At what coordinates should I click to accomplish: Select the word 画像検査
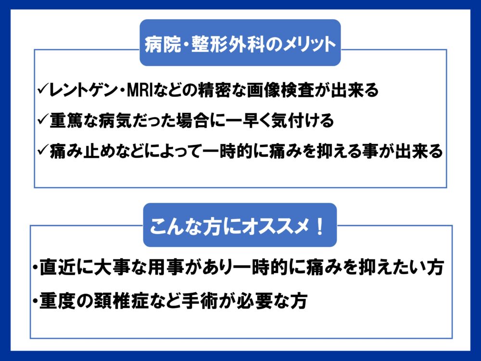[x=280, y=90]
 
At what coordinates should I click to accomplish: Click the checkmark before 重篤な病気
[x=42, y=119]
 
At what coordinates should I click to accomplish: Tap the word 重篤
[x=65, y=120]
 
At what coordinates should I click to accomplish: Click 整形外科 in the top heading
[x=228, y=44]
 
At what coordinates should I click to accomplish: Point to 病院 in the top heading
[x=163, y=44]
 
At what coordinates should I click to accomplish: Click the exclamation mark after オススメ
[x=320, y=227]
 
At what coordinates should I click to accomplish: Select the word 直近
[x=57, y=267]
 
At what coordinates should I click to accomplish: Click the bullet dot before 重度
[x=36, y=300]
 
